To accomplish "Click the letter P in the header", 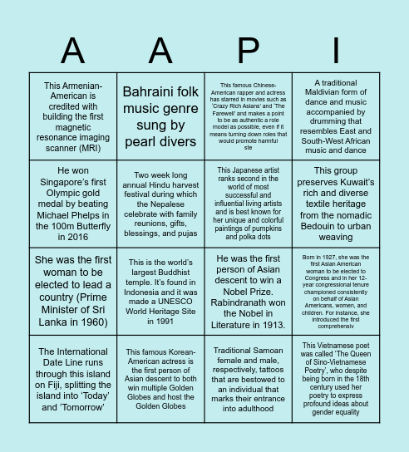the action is (247, 51).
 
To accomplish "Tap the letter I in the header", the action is (337, 51).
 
